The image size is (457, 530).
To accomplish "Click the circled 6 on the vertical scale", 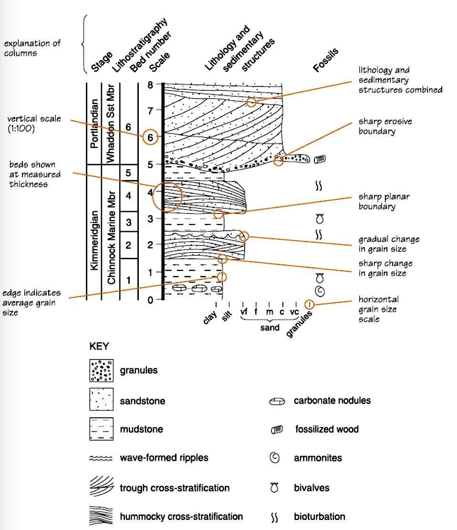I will point(150,137).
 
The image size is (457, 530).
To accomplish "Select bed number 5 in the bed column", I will point(128,172).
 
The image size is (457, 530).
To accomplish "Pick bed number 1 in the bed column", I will point(128,280).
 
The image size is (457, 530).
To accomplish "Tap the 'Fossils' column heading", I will point(326,60).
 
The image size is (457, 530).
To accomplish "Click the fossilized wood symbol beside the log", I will point(319,159).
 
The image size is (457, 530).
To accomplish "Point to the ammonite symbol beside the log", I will point(320,291).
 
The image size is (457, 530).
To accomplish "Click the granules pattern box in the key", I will point(101,370).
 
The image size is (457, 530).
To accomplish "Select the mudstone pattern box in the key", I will point(101,428).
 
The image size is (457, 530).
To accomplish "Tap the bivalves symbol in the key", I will point(274,488).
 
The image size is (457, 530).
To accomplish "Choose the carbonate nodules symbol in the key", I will point(277,401).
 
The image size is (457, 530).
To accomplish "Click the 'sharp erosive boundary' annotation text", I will point(384,126).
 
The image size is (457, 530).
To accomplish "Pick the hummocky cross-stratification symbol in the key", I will point(101,517).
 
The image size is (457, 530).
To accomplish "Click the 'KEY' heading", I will point(99,347).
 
